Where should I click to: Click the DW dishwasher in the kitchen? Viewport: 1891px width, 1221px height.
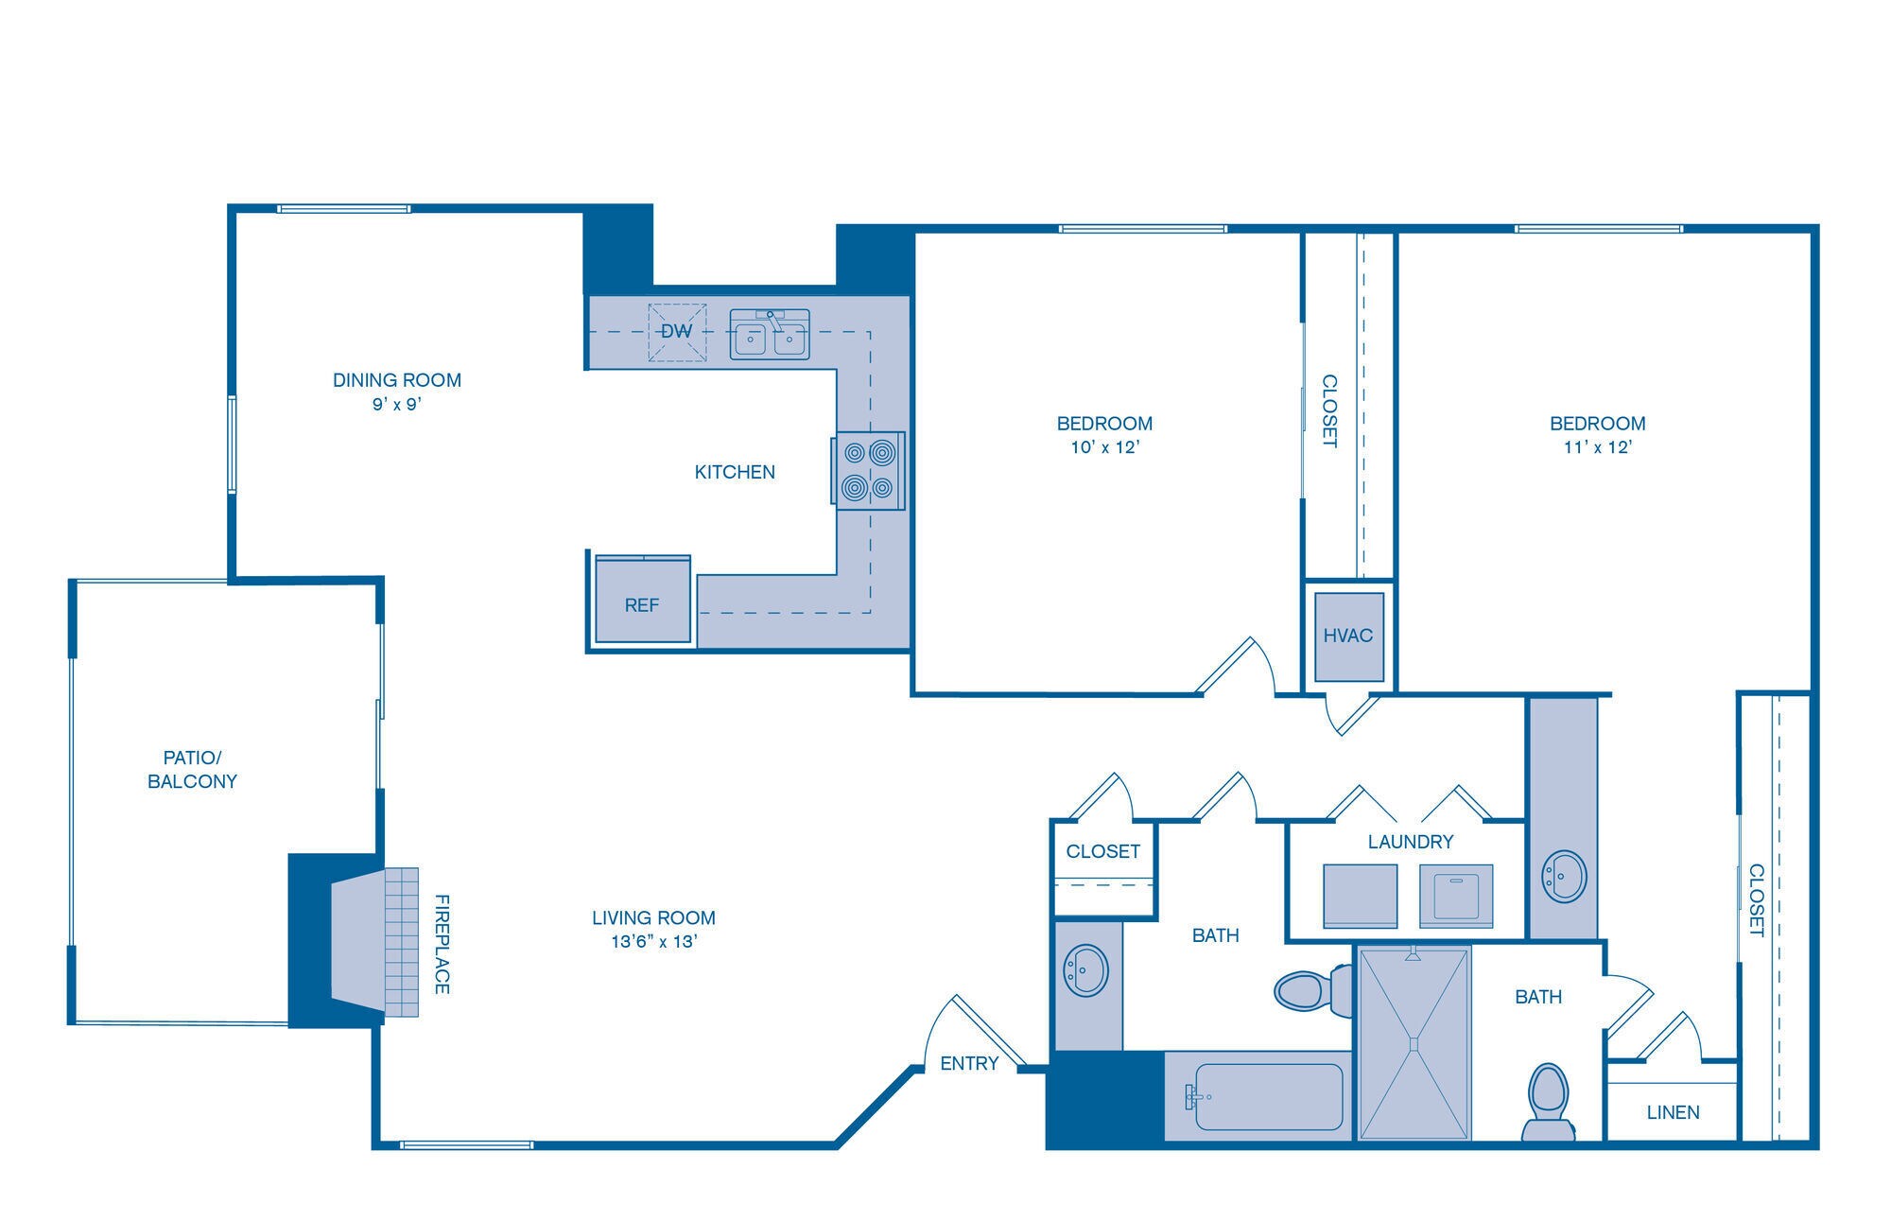pos(677,332)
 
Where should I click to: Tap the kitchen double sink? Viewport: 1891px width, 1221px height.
pos(770,335)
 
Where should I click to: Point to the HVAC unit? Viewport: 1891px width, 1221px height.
pos(1348,636)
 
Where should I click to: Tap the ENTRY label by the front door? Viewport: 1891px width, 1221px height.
pos(969,1063)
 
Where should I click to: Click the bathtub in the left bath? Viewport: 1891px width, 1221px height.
pos(1268,1097)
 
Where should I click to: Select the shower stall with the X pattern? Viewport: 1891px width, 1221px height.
pos(1414,1043)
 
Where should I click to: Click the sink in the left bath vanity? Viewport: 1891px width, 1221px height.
pos(1085,969)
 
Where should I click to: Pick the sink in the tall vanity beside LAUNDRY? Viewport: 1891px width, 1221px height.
pos(1563,877)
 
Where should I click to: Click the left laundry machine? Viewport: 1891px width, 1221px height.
pos(1360,895)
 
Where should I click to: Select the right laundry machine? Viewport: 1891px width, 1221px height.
pos(1455,895)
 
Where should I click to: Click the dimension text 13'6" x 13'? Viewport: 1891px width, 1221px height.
pos(653,942)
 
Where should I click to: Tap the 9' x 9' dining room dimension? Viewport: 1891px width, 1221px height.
pos(396,405)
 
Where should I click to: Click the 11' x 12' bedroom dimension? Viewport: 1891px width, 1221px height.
pos(1597,447)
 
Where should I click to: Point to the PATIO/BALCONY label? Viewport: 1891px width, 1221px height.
pos(192,769)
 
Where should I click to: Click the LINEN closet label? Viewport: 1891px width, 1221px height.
pos(1673,1112)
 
